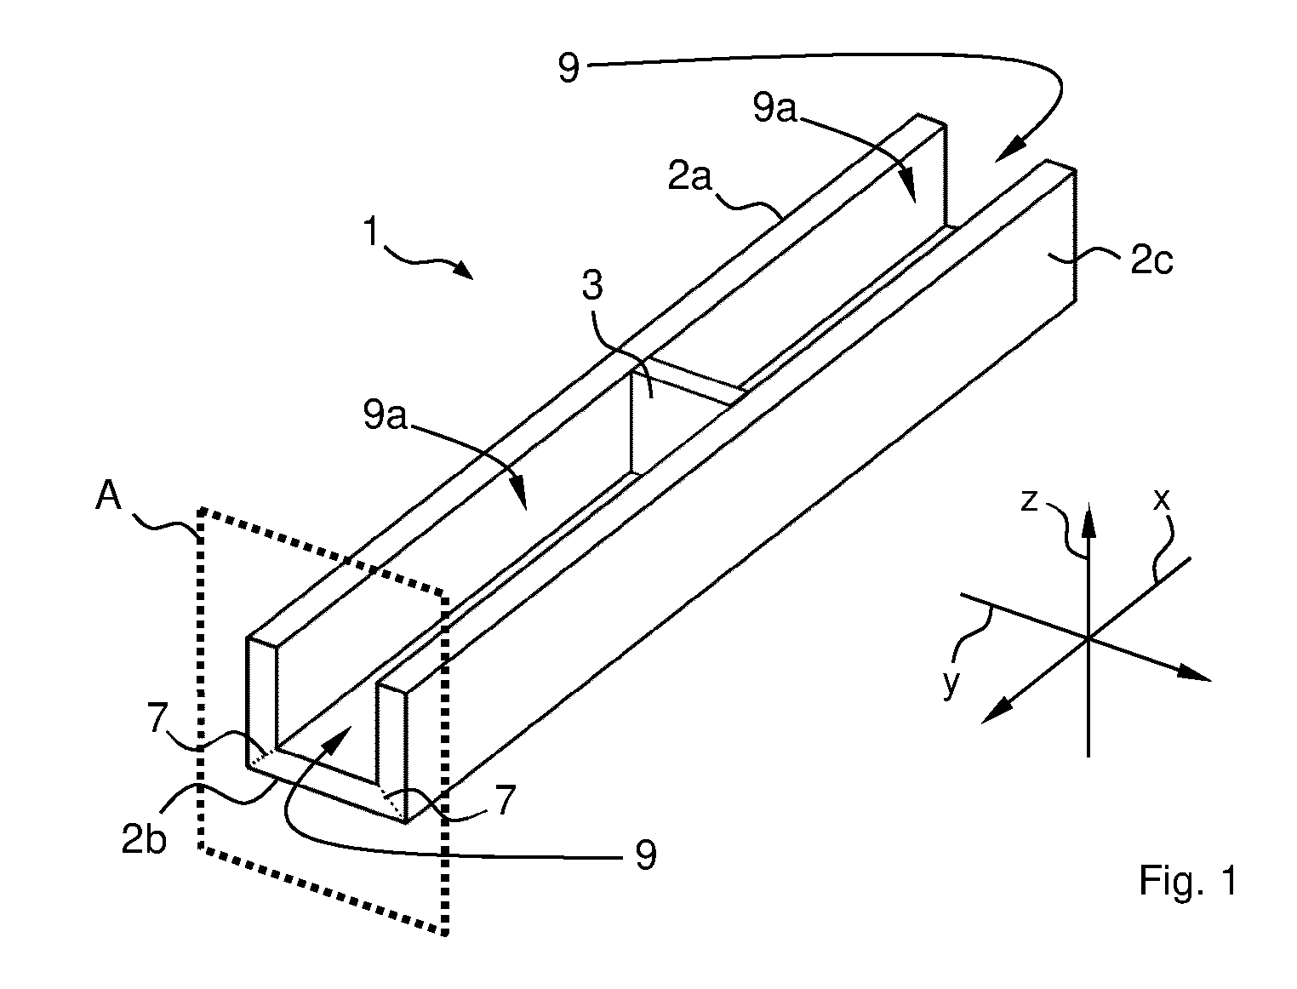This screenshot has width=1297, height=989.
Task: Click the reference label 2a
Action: (689, 176)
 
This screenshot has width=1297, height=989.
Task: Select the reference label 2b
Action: (144, 839)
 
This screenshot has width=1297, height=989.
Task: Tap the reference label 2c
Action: (1151, 260)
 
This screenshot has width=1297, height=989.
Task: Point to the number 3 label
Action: (592, 284)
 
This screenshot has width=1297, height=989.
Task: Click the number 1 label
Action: (370, 231)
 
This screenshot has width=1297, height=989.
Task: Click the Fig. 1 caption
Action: (1188, 880)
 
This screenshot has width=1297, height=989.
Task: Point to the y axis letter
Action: (951, 683)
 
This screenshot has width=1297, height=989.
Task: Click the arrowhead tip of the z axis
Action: (1089, 502)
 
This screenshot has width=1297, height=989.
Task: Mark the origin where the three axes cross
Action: (1088, 637)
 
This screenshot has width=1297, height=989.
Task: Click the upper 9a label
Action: (774, 108)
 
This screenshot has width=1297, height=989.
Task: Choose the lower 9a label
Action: (386, 415)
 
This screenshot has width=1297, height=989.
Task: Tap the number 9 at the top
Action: (569, 69)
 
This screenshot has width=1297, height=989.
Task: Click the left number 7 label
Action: (157, 718)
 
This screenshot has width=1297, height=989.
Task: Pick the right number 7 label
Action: (506, 800)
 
